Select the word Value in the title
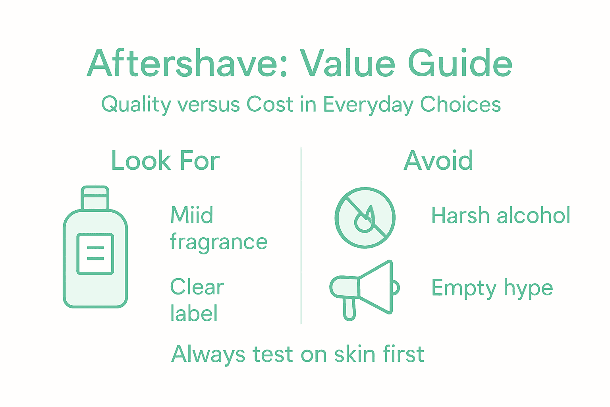(x=347, y=64)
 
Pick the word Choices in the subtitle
(x=460, y=105)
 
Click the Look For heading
(x=165, y=161)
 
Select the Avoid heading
(x=438, y=161)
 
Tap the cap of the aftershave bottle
(x=95, y=198)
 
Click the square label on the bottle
(x=95, y=254)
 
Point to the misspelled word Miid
(x=192, y=215)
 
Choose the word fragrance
(x=218, y=242)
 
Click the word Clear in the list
(x=197, y=287)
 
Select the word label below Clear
(x=194, y=313)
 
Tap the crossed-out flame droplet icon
(x=365, y=218)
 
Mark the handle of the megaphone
(x=349, y=309)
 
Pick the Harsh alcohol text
(x=501, y=216)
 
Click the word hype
(x=528, y=289)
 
